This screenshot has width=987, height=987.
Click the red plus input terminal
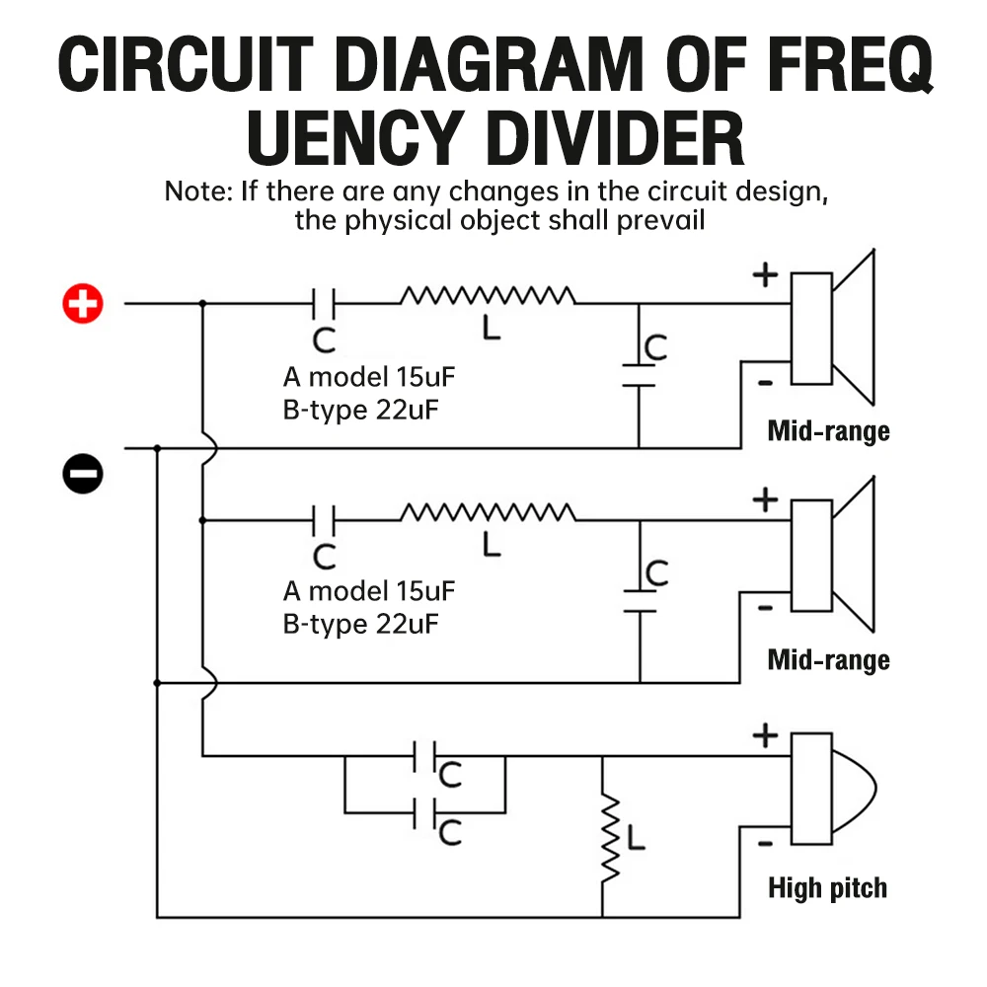[83, 303]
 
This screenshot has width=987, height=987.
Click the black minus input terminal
[83, 474]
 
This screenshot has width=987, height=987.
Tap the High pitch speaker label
[827, 888]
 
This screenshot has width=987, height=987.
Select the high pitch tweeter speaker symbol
[832, 788]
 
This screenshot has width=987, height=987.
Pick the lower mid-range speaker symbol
[832, 555]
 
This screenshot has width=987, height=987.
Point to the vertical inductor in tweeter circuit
[609, 837]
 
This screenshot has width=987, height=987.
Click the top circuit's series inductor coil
[488, 295]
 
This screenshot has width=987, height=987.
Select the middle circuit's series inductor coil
[488, 512]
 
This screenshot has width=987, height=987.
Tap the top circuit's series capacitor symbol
[324, 304]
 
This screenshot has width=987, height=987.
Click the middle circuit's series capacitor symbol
[324, 520]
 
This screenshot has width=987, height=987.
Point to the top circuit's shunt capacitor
[639, 375]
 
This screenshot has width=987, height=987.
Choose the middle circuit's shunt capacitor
[640, 601]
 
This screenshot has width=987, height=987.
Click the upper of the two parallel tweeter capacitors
[424, 757]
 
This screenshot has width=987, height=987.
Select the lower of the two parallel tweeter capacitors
[424, 813]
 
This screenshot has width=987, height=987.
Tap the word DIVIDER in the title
[615, 138]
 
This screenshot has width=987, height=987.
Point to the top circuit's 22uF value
[407, 410]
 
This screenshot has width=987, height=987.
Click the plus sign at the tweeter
[765, 735]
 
